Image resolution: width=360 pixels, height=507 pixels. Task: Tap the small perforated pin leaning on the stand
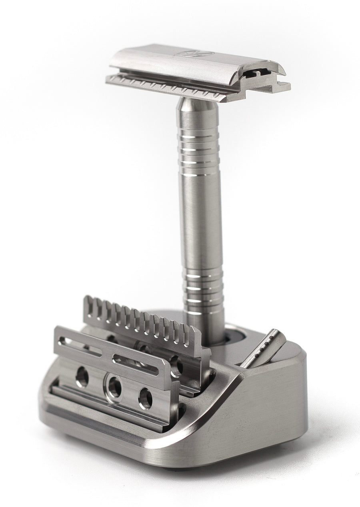point(262,348)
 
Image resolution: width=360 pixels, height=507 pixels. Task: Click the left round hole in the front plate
point(82,377)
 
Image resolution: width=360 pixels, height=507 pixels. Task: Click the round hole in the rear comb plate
point(176,366)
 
